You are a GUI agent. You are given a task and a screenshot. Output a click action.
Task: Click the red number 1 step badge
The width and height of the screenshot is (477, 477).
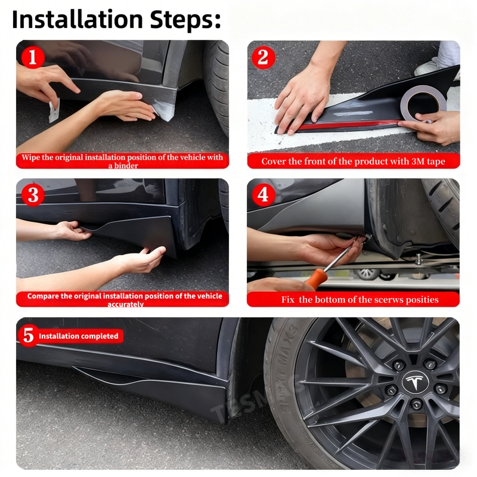coord(32,57)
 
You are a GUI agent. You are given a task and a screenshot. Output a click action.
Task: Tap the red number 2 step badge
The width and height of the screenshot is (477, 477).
coord(264,57)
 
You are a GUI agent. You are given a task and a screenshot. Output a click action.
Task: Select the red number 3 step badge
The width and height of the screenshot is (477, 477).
coord(33,195)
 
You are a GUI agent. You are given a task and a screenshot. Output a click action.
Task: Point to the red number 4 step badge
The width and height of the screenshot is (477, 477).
coord(264,195)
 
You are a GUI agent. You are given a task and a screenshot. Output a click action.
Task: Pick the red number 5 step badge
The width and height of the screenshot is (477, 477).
coord(29,336)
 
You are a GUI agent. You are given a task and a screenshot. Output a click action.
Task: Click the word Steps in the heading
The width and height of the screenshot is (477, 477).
coord(185,20)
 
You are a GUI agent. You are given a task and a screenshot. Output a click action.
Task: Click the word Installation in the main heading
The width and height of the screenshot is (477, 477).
coord(78,20)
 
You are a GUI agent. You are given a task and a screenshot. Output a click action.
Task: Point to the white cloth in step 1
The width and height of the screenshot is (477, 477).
coord(54,110)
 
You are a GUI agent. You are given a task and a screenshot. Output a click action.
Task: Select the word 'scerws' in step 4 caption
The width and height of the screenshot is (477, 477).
coord(389,300)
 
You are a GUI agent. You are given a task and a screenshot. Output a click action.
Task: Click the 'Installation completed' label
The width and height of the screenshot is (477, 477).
coord(79,336)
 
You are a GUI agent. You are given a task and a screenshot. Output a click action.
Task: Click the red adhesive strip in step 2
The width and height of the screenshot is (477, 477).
coord(347,125)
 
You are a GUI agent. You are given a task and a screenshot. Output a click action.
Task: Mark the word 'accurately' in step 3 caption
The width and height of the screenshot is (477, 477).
coord(125,304)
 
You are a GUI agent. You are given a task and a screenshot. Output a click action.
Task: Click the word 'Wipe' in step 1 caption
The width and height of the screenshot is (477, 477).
coord(29,157)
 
